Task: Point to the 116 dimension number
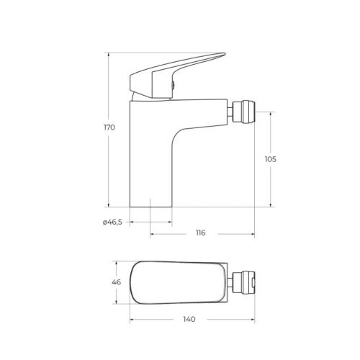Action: pyautogui.click(x=199, y=233)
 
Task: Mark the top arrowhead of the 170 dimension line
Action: pyautogui.click(x=108, y=54)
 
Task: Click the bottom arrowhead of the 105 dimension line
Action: pyautogui.click(x=271, y=204)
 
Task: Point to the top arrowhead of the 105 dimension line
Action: pyautogui.click(x=271, y=114)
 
